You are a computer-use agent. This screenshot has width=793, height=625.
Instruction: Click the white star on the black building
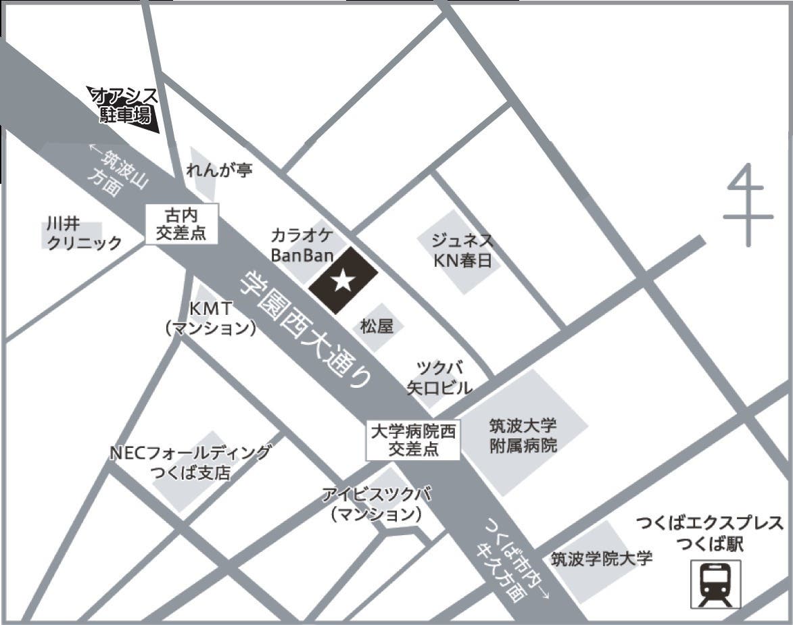tap(343, 280)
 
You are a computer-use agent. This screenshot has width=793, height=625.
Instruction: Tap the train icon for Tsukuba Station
tap(715, 584)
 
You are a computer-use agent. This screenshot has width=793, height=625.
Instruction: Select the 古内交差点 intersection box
tap(182, 225)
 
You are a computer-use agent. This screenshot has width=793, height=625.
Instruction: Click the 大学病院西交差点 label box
tap(413, 440)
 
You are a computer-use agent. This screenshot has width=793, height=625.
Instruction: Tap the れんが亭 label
tap(219, 170)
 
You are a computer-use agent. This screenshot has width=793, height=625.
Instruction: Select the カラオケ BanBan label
tap(302, 245)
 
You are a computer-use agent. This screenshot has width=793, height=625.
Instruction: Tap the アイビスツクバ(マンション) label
tap(376, 504)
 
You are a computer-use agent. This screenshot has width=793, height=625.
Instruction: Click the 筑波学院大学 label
tap(602, 559)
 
